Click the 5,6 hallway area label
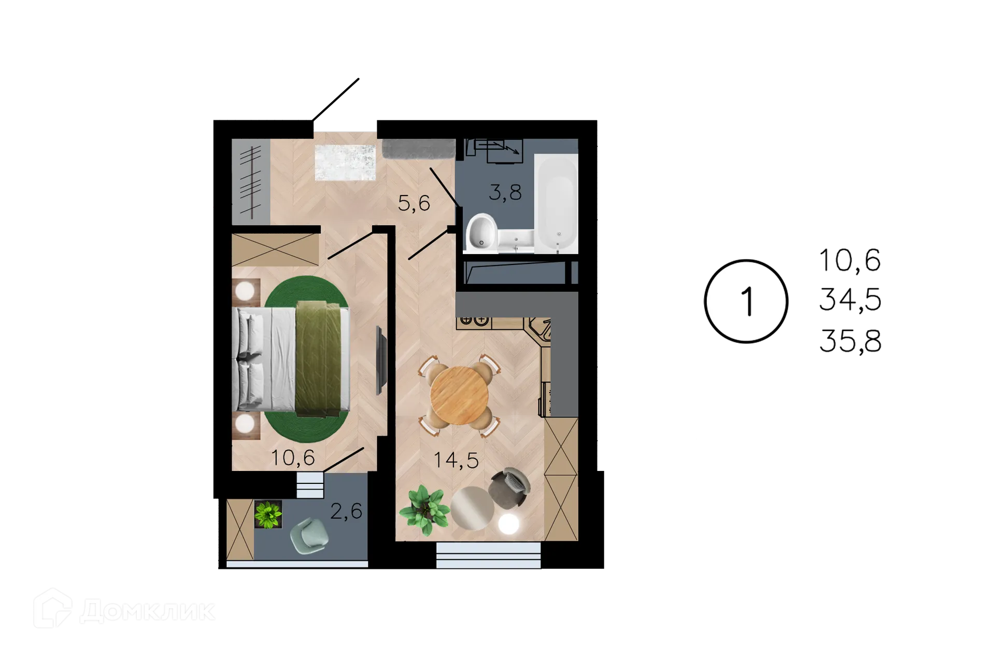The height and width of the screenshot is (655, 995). click(x=414, y=203)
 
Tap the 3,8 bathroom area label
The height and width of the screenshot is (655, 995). click(x=505, y=192)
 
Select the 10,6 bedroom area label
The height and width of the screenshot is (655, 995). click(x=293, y=458)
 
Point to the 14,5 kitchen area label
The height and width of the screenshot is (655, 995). click(x=456, y=459)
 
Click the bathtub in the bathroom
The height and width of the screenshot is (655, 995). click(x=556, y=203)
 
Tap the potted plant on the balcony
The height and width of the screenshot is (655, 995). click(x=268, y=514)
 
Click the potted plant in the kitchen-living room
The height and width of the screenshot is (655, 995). click(x=423, y=508)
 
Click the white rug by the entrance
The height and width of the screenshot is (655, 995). click(x=345, y=161)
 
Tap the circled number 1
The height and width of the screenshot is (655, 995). click(x=746, y=300)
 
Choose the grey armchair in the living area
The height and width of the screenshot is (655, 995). click(x=510, y=487)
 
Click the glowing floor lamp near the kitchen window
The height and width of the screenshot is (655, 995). click(x=508, y=524)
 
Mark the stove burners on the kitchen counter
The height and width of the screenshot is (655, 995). click(x=474, y=321)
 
